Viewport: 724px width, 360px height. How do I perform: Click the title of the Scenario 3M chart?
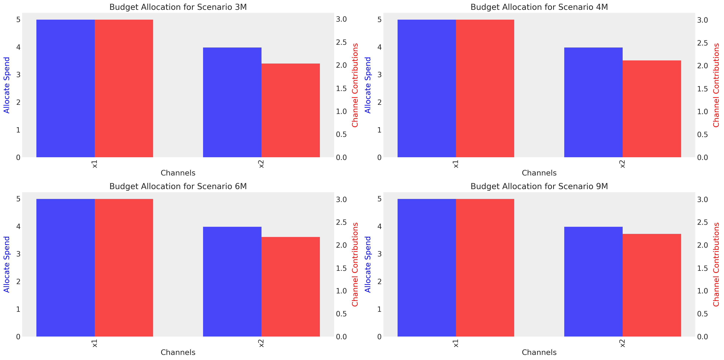point(178,7)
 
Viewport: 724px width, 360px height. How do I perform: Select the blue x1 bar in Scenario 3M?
point(66,88)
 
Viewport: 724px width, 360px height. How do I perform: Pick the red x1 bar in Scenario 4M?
point(485,88)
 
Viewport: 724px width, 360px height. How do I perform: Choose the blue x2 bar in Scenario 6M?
point(232,282)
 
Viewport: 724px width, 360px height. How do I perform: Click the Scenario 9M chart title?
point(539,186)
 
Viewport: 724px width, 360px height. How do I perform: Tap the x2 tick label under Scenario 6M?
point(261,343)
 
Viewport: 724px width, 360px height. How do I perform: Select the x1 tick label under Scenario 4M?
point(456,164)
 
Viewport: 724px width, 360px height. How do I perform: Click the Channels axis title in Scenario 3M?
point(178,173)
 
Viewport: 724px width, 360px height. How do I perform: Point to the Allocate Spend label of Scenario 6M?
point(7,264)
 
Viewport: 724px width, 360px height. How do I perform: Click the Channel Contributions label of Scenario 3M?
point(355,85)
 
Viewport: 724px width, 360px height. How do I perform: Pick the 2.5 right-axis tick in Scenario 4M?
point(702,43)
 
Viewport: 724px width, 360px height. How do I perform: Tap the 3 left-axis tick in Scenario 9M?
point(379,254)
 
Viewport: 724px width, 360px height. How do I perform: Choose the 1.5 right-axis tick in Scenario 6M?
point(341,268)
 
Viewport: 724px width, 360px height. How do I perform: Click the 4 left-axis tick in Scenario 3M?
point(18,47)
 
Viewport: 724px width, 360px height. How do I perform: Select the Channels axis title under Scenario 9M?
point(539,352)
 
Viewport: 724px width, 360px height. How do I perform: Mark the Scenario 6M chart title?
point(178,186)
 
